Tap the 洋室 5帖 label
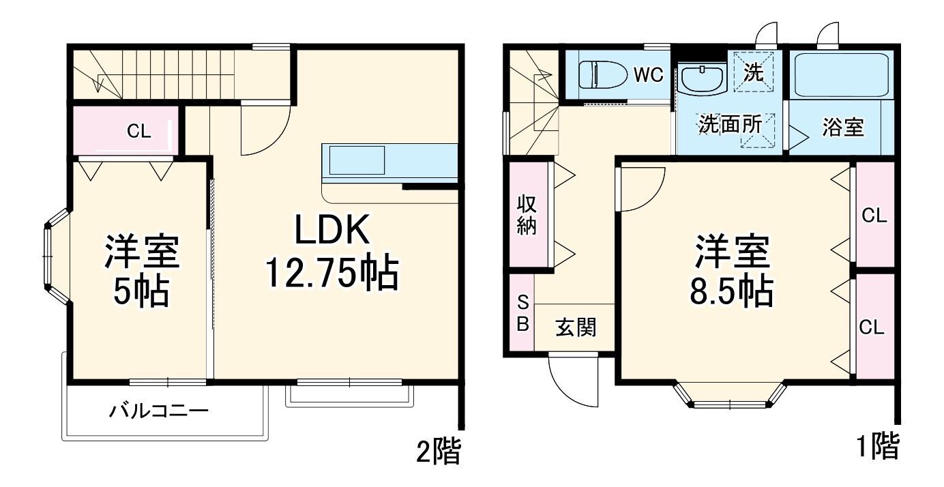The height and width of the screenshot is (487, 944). (141, 271)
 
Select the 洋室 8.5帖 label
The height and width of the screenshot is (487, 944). (733, 271)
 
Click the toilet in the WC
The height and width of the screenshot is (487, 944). (602, 74)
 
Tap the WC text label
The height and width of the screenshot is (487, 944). (648, 75)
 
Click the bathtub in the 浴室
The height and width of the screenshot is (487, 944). (842, 75)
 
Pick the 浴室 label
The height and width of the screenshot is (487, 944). (843, 128)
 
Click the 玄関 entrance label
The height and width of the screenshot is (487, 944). (576, 328)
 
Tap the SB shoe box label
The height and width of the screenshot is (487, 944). (522, 313)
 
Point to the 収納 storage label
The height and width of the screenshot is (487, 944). (527, 215)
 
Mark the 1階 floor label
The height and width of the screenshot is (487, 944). (877, 447)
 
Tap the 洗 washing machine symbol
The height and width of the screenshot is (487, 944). (754, 72)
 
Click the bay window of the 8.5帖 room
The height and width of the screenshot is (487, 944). (730, 396)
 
